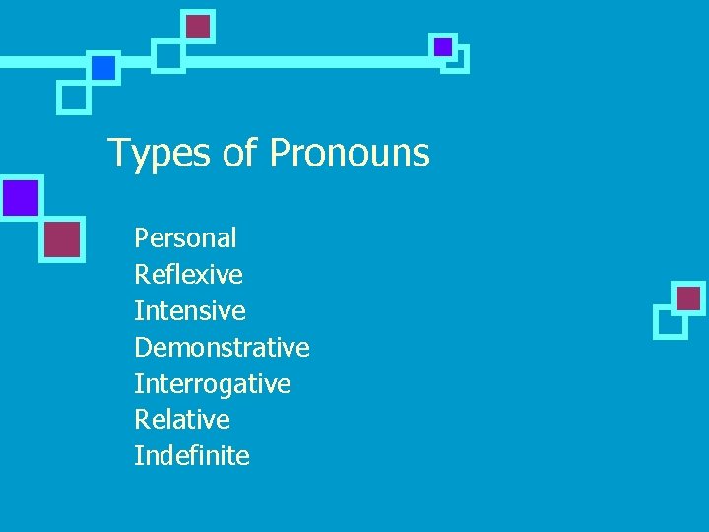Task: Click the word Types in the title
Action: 153,154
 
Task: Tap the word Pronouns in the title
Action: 350,154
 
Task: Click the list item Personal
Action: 185,237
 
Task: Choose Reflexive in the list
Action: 188,274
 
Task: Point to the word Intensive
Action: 190,310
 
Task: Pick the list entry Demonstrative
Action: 222,347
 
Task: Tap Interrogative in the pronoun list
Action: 213,383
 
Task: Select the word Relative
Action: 182,420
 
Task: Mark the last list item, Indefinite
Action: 192,456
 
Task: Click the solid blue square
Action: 103,67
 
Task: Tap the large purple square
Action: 20,198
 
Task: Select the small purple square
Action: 443,46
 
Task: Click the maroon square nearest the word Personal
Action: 62,238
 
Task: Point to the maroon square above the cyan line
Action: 199,26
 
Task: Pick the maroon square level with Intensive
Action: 689,298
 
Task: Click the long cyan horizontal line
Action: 295,60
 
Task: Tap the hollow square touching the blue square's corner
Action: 73,98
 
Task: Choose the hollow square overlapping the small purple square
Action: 456,60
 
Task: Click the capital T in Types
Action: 117,154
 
